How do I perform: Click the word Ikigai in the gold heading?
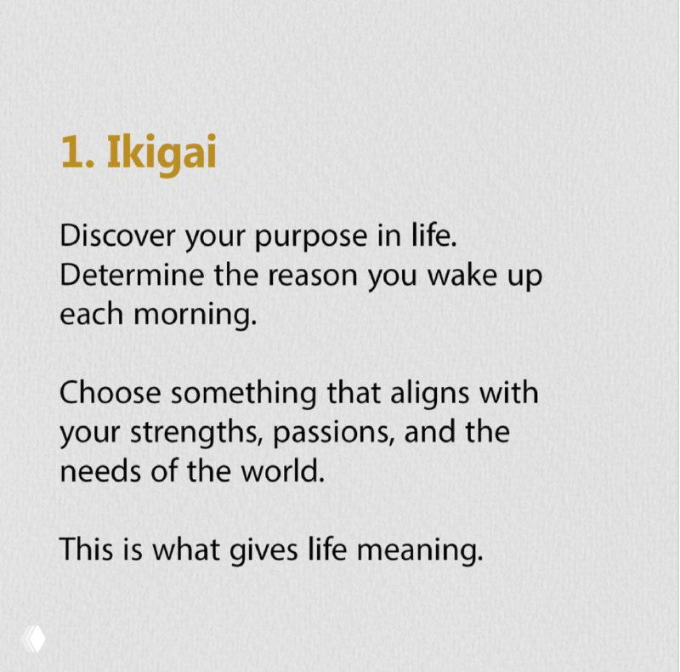pos(161,153)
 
